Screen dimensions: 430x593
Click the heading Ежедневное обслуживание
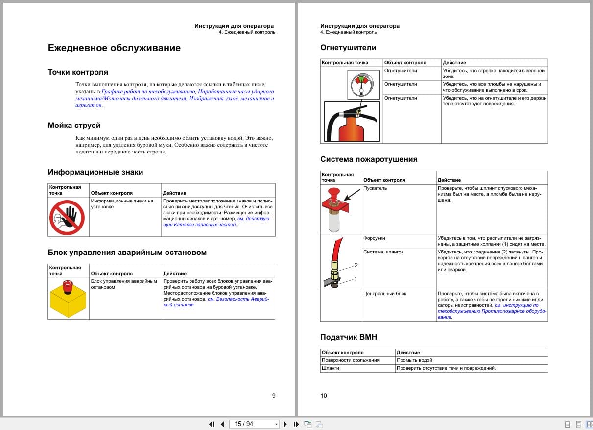[x=114, y=48]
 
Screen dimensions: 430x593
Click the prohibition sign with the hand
[x=67, y=217]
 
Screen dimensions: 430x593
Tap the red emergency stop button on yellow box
[x=68, y=284]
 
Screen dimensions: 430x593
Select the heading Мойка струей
[x=74, y=126]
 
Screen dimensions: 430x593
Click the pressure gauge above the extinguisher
[x=360, y=83]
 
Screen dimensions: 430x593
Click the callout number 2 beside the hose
[x=356, y=265]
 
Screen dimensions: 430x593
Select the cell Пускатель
[x=375, y=188]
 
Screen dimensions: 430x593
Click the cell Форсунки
[x=374, y=238]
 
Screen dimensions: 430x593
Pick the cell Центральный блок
[x=384, y=294]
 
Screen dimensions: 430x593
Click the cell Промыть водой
[x=414, y=360]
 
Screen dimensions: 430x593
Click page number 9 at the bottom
[x=274, y=396]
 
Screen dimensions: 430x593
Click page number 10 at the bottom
[x=324, y=396]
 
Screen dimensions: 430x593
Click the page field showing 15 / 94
[x=252, y=424]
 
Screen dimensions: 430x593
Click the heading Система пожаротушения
[x=369, y=159]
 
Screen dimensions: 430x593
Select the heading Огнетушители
[x=348, y=48]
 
